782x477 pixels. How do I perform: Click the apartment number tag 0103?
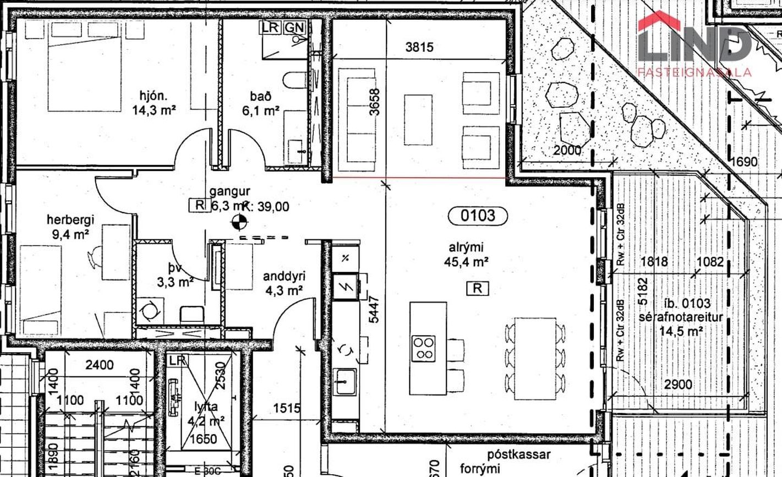471,216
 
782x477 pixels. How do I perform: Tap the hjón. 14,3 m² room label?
154,103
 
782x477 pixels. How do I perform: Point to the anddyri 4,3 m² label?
283,283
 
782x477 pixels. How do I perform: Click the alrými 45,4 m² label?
466,255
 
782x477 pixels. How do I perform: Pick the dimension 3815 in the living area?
419,47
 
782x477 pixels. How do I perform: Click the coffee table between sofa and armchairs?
418,120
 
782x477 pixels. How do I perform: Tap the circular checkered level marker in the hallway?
239,223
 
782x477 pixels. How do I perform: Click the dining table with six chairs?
535,358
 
